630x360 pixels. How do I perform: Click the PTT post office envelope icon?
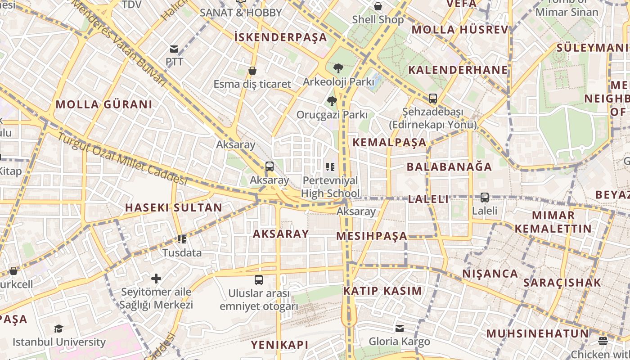(x=174, y=49)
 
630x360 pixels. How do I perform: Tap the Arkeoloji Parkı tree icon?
(x=338, y=68)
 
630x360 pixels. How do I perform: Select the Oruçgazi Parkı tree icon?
(x=332, y=101)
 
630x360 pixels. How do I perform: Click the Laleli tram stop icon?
(x=485, y=197)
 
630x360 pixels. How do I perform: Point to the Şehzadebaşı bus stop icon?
(x=432, y=98)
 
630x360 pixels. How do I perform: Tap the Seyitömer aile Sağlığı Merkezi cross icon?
(x=156, y=279)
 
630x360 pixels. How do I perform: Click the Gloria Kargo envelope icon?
(x=400, y=328)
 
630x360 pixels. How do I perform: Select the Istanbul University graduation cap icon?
(x=58, y=328)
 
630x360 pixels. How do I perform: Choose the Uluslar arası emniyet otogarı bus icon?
(x=259, y=280)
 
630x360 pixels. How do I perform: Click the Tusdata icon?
(x=182, y=239)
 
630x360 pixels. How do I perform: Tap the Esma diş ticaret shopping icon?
(x=252, y=71)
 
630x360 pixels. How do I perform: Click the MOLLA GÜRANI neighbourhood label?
(x=104, y=104)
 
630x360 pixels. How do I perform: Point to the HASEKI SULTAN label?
(x=173, y=207)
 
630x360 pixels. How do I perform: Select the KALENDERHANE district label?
(x=458, y=70)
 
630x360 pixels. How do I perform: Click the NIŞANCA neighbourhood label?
(x=490, y=274)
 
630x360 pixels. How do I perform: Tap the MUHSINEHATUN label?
(x=537, y=333)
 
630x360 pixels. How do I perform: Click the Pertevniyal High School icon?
(x=330, y=167)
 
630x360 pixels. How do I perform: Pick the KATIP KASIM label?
(x=382, y=291)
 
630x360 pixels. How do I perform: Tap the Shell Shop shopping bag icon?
(x=378, y=6)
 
